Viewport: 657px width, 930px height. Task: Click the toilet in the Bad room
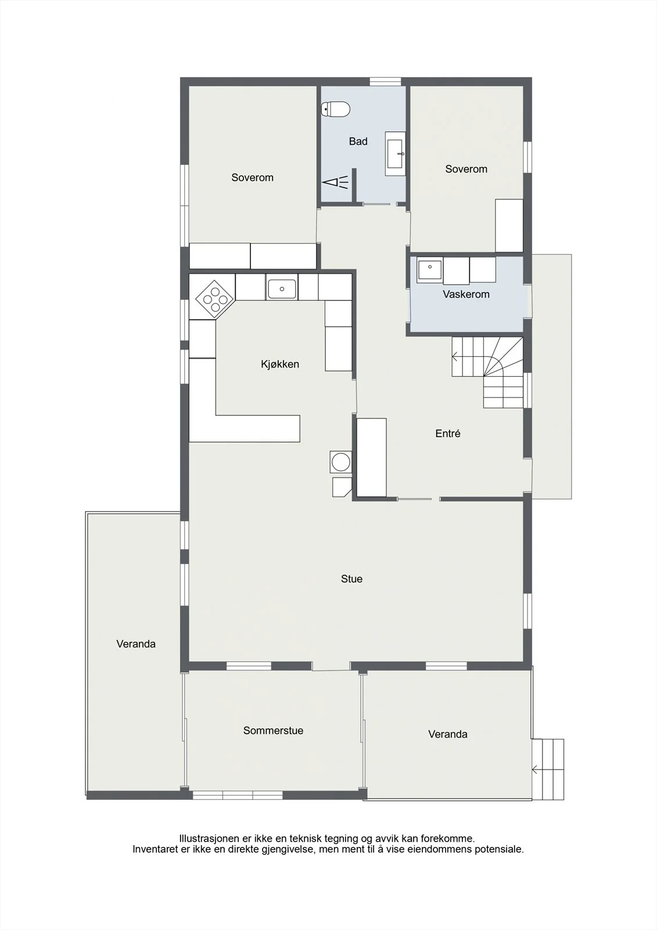point(336,109)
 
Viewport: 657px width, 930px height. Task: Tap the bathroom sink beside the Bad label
point(395,153)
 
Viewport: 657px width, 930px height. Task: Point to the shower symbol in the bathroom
point(335,183)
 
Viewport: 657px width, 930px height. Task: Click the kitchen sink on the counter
point(282,289)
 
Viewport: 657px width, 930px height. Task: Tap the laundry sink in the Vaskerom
point(429,270)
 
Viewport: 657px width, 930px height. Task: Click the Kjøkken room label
point(280,364)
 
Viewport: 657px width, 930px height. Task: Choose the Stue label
point(351,579)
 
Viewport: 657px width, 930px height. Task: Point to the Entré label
point(448,434)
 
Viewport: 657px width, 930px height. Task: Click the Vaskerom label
point(466,294)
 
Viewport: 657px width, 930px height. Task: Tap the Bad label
point(358,142)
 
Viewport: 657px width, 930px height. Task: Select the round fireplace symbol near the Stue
point(341,462)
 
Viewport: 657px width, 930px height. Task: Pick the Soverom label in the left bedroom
point(252,178)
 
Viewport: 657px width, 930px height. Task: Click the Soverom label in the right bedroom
point(466,169)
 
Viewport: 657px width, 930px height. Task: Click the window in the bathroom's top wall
point(385,81)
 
